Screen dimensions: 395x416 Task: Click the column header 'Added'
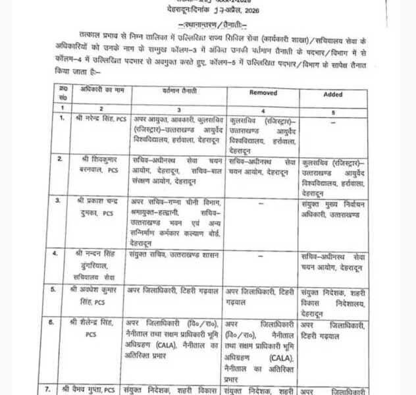point(333,94)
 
